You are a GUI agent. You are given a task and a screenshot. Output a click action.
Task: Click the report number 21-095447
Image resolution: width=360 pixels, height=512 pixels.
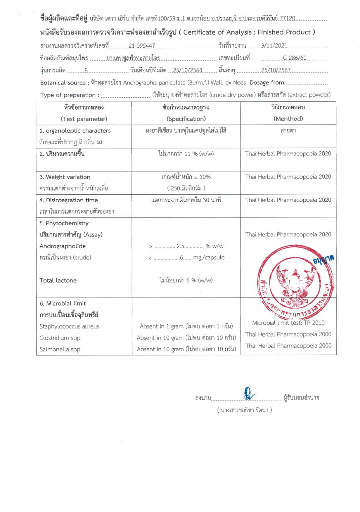(141, 46)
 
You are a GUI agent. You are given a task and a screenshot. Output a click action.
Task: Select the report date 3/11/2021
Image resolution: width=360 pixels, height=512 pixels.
(274, 46)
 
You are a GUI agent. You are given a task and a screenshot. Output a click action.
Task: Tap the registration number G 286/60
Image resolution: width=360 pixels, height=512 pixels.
(295, 58)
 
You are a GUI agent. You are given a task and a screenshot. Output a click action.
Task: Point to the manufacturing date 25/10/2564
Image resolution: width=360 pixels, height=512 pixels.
(187, 70)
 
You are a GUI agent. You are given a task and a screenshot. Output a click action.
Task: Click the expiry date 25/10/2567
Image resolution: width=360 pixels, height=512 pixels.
(276, 70)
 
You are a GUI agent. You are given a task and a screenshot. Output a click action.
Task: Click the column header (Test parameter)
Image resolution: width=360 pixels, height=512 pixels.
(84, 119)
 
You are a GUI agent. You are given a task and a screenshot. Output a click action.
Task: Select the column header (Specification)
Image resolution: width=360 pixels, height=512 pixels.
(186, 119)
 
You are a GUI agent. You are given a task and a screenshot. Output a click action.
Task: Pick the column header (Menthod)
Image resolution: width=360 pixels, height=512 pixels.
(288, 118)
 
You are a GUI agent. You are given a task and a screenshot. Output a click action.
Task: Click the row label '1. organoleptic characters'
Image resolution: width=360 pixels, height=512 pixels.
(75, 131)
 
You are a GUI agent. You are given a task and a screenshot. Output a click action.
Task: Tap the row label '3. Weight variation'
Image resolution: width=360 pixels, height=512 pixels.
(65, 177)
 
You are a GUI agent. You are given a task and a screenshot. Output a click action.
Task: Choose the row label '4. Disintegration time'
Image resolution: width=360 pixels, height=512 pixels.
(69, 200)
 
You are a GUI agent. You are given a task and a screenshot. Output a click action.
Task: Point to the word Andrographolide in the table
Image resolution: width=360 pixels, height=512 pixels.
(62, 246)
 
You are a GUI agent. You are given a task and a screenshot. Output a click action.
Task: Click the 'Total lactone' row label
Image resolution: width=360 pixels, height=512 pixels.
(58, 280)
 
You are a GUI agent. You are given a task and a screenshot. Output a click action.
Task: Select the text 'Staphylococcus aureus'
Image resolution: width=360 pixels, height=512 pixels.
(69, 326)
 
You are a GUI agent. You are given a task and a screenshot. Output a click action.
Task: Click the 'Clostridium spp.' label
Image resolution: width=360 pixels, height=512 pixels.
(60, 338)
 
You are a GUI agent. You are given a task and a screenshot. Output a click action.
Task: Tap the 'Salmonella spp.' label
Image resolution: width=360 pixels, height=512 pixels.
(60, 349)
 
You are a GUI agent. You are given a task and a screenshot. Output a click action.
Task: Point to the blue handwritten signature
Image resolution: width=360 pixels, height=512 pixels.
(249, 394)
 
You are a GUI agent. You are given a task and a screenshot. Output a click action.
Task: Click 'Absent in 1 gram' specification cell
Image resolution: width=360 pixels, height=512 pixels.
(186, 326)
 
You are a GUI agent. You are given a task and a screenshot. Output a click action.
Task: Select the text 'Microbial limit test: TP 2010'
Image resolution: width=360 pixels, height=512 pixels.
(288, 323)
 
